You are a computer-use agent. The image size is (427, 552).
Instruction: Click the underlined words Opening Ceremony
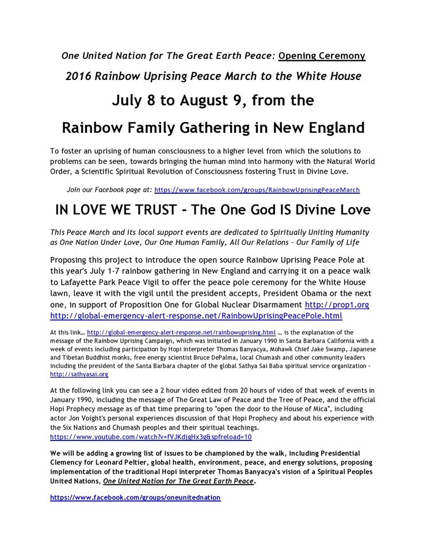click(x=322, y=56)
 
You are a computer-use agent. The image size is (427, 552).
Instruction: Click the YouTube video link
click(x=151, y=437)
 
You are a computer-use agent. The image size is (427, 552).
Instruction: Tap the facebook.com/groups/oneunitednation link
click(x=135, y=497)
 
